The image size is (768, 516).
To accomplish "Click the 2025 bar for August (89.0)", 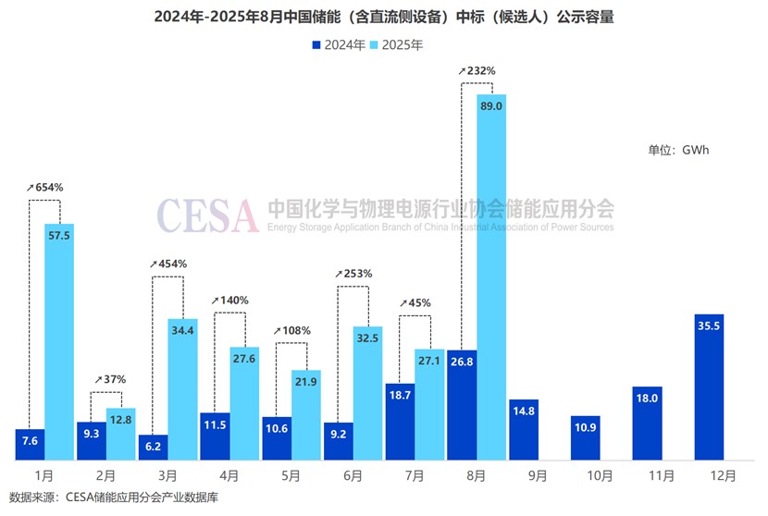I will [x=491, y=277].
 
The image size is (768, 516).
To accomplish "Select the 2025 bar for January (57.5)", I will [x=59, y=342].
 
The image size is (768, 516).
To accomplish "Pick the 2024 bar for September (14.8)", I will [x=523, y=431].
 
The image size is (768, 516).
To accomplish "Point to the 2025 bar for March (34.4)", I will [x=182, y=389].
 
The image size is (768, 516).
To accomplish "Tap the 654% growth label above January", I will [x=45, y=187].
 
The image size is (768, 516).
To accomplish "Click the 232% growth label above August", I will [x=477, y=70].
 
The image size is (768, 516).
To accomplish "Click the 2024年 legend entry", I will [x=337, y=44].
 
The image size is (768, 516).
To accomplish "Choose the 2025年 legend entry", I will [x=399, y=44].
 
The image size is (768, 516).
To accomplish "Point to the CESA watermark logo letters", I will [x=207, y=215].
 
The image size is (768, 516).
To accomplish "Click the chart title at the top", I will [x=383, y=17].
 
